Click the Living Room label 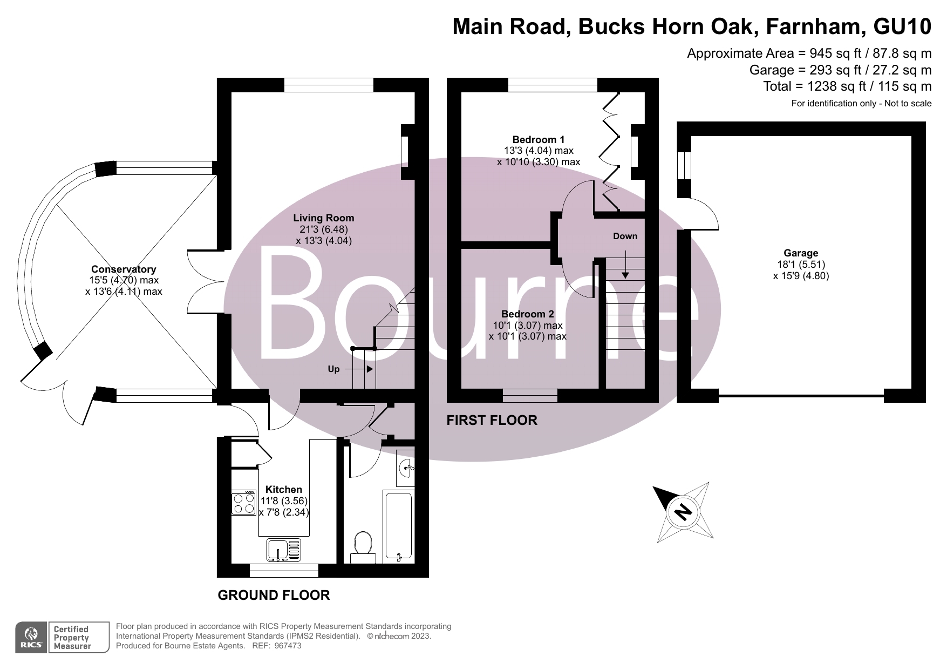coord(324,218)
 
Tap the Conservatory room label coord(124,269)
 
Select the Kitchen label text coord(284,490)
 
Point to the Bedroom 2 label coord(527,314)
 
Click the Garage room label coord(801,253)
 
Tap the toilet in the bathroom coord(363,544)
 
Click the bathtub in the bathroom coord(398,525)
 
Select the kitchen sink coord(283,550)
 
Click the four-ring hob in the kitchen coord(243,503)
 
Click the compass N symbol coord(683,511)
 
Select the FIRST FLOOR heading coord(492,420)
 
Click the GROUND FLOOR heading coord(274,595)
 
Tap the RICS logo coord(31,638)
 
